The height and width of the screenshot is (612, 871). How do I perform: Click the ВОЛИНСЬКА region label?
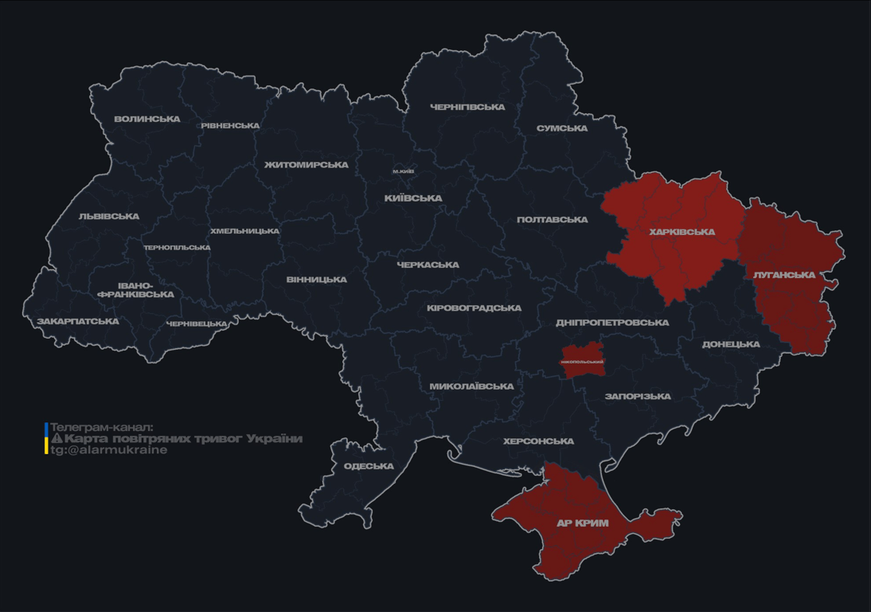[x=147, y=120]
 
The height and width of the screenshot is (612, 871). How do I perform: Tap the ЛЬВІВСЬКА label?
[x=109, y=217]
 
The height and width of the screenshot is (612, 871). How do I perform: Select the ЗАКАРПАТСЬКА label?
[x=78, y=322]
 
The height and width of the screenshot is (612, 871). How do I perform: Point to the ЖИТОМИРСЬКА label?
[x=307, y=165]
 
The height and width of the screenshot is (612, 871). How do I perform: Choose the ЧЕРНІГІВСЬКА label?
[x=467, y=107]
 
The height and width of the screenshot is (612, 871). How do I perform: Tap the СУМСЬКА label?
[x=562, y=128]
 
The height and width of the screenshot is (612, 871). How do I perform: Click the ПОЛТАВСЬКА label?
[x=553, y=220]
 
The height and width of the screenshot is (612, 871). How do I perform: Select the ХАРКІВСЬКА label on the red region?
[x=682, y=233]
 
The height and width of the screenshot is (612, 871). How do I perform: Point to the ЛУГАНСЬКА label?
[x=784, y=275]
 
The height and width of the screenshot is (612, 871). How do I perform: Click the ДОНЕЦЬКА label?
[x=731, y=345]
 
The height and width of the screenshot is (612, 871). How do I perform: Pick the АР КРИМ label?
[x=582, y=524]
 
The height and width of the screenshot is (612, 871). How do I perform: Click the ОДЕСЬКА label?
[x=369, y=466]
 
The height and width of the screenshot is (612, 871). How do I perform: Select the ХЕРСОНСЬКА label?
[x=538, y=441]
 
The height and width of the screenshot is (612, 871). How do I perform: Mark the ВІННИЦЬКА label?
[x=317, y=280]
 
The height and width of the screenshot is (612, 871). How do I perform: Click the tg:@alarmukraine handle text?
[x=109, y=450]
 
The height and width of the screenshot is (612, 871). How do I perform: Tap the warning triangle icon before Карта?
[x=57, y=438]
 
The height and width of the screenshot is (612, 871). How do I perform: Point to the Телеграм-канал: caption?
[x=101, y=427]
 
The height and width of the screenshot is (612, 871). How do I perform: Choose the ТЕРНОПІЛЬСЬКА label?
[x=177, y=248]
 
